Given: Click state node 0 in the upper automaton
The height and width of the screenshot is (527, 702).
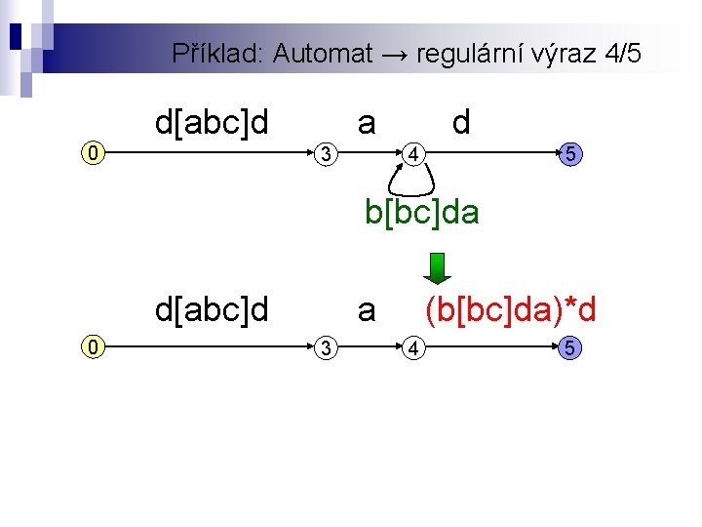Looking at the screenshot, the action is point(92,153).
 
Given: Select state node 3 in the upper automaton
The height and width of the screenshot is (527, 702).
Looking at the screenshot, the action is point(330,153).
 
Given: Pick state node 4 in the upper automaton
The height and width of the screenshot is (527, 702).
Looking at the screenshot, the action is point(414,153).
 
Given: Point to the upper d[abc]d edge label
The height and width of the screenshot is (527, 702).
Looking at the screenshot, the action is point(212,123).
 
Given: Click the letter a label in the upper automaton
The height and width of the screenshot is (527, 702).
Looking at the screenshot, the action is point(367,123).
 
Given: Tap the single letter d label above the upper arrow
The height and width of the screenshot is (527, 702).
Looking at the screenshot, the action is point(461,123).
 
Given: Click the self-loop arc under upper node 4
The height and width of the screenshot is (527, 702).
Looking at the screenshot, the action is point(411,182).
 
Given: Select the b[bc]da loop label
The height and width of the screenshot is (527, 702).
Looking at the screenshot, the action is point(422,212).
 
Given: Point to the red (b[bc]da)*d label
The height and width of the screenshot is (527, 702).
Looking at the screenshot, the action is point(510,310).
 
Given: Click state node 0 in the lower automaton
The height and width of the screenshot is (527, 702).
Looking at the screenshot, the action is point(92,345).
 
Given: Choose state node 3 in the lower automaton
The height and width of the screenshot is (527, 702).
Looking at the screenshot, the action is point(330,345).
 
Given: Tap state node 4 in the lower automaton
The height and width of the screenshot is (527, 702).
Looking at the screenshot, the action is point(414,345).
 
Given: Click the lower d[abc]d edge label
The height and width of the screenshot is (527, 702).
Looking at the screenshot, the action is point(212,310).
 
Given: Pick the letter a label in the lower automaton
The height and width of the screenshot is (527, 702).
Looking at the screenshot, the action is point(367,310).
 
